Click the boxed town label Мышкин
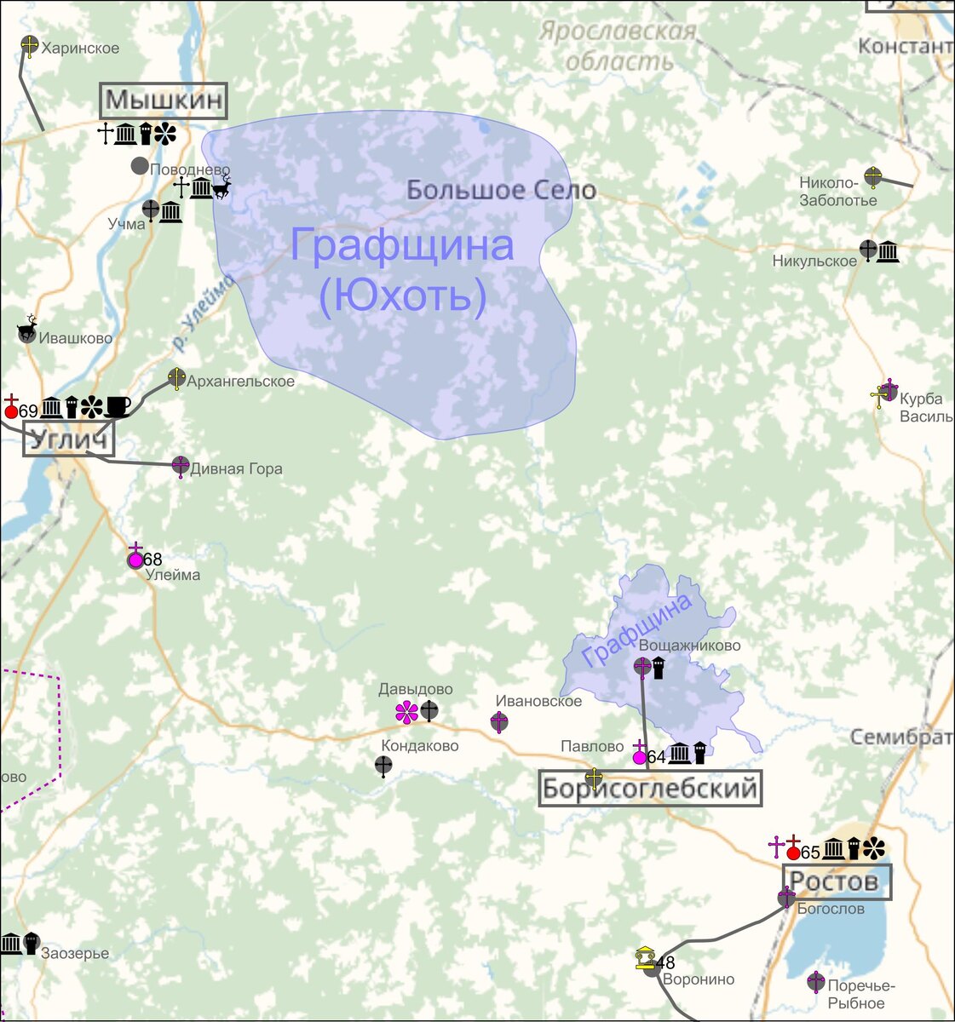point(164,101)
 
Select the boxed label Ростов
point(836,881)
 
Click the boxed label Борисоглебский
point(650,789)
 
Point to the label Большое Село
point(501,190)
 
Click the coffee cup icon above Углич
point(118,407)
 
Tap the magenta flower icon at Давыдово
point(406,712)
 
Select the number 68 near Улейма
point(152,560)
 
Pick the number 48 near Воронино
point(665,962)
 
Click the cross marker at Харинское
point(30,46)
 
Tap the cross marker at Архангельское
point(176,378)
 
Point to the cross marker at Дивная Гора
point(181,466)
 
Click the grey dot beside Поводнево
point(140,166)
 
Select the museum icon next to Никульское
point(889,251)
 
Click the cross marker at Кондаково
point(384,766)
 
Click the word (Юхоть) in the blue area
point(402,296)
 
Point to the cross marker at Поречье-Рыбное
point(816,982)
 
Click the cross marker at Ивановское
point(499,723)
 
